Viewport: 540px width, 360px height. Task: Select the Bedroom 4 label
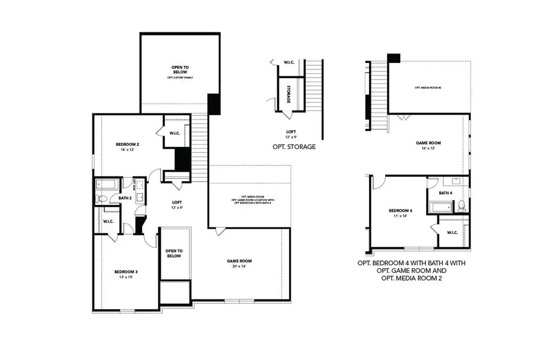tap(400, 211)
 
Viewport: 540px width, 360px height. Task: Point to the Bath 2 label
tap(125, 197)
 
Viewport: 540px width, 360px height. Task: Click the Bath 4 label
tap(445, 193)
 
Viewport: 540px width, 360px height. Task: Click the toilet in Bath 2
tap(102, 199)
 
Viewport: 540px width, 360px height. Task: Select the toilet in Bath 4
tap(461, 206)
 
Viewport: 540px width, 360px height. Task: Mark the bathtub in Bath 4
tap(442, 208)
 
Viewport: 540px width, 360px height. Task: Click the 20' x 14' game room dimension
tap(239, 267)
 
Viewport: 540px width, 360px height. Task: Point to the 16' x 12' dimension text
tap(428, 149)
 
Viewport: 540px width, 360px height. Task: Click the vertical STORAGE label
tap(289, 94)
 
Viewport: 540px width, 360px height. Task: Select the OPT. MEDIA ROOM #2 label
tap(427, 88)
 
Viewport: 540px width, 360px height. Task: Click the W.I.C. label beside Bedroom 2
tap(175, 133)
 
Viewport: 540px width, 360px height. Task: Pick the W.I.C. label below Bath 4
tap(452, 233)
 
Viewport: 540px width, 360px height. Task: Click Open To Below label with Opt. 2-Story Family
tap(180, 71)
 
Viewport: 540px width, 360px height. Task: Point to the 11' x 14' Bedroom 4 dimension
tap(400, 217)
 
